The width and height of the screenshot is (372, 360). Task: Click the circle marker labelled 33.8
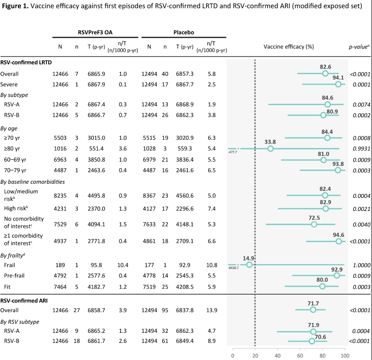[270, 149]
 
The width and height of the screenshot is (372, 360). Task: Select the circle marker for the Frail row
[249, 265]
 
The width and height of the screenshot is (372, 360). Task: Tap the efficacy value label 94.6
[339, 235]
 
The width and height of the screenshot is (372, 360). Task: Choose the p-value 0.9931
[360, 149]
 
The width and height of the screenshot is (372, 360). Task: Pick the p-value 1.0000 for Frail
[360, 265]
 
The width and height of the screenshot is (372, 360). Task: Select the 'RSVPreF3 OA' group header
[95, 32]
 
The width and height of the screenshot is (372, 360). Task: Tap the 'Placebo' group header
[184, 32]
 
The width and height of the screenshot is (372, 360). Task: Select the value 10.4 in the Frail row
[123, 265]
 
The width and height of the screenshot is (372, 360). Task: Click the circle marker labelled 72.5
[314, 224]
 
